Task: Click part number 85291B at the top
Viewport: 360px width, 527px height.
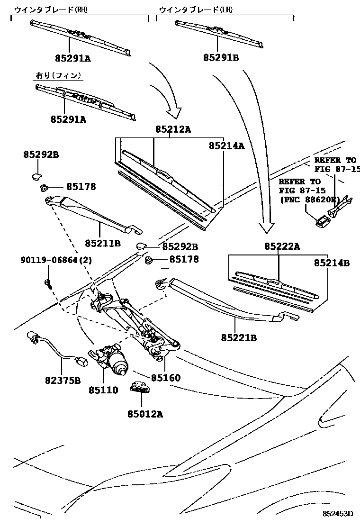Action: click(x=221, y=58)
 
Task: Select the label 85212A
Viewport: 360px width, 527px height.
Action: click(x=173, y=129)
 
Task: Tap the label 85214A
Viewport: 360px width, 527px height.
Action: click(x=226, y=146)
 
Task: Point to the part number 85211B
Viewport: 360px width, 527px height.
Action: click(x=103, y=243)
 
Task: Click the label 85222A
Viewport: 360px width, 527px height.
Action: click(x=282, y=246)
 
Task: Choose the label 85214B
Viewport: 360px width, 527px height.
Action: click(x=332, y=263)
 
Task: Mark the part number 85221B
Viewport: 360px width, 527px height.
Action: click(x=239, y=337)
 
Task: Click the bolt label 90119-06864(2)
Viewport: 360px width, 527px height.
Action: click(x=56, y=260)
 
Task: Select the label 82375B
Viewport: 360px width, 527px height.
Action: click(x=64, y=380)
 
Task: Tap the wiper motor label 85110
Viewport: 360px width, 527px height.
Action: click(x=103, y=391)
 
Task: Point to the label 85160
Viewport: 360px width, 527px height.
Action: click(x=166, y=378)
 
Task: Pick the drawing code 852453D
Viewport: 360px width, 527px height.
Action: click(x=338, y=513)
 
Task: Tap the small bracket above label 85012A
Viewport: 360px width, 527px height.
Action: click(x=139, y=388)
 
